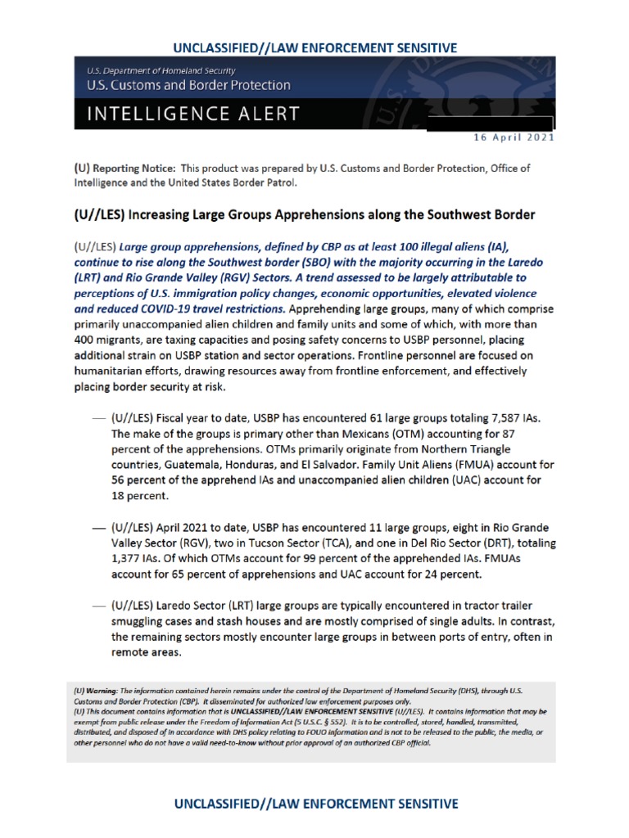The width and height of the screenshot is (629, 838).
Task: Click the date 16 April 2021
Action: click(x=512, y=137)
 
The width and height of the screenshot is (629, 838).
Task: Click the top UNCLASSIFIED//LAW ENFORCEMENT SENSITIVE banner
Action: click(x=315, y=47)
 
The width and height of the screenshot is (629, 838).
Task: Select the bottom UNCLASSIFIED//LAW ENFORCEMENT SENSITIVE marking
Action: click(x=315, y=804)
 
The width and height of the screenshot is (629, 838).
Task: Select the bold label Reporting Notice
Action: click(x=135, y=168)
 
